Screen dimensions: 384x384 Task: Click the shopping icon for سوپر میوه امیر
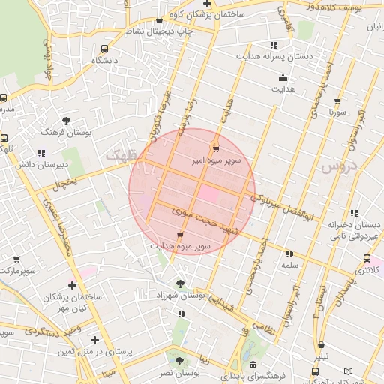point(217,147)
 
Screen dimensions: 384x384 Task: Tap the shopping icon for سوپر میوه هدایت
point(178,235)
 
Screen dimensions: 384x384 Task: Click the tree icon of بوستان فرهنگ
point(66,120)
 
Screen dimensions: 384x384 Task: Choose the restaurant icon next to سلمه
point(289,253)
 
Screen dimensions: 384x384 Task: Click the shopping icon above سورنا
point(337,101)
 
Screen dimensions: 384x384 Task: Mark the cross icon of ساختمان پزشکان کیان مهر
point(72,285)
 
